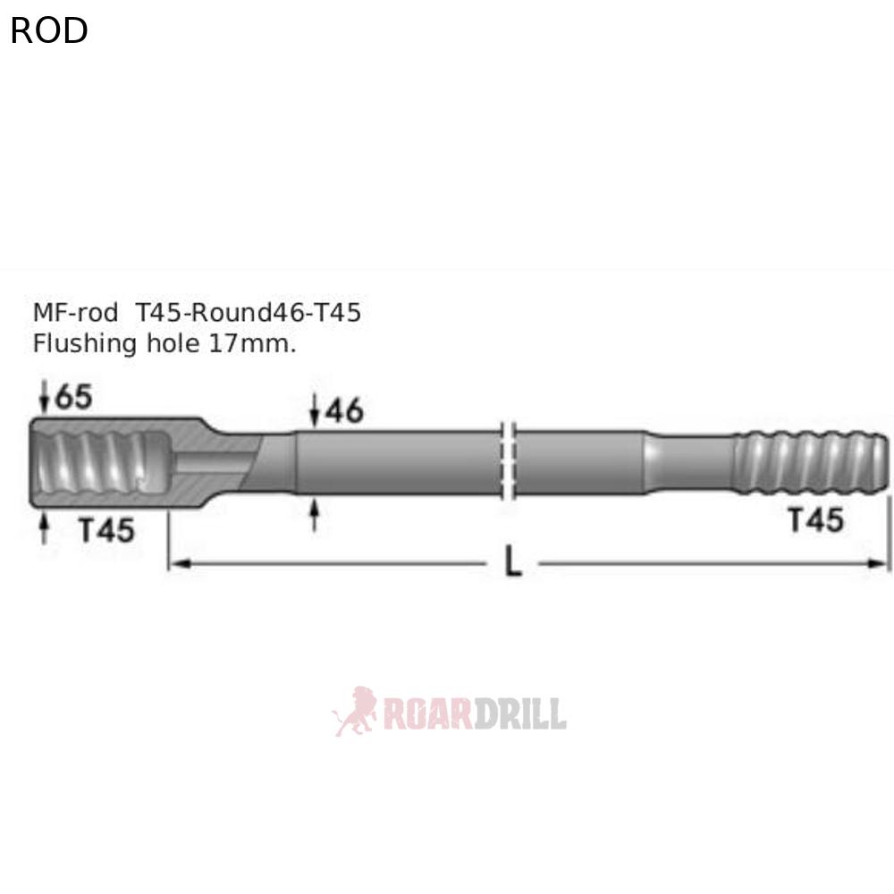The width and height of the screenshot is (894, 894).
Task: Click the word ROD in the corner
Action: coord(49,31)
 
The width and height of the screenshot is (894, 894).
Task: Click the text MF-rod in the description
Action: coord(75,313)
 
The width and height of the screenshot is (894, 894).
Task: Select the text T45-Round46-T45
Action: coord(249,313)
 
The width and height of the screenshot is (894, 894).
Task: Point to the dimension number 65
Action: coord(73,397)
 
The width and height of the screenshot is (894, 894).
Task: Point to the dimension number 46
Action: coord(344,410)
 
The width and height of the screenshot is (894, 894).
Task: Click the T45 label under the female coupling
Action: coord(106,530)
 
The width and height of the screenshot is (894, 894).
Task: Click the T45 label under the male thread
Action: coord(815,519)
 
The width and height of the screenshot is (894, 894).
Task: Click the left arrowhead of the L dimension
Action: coord(175,562)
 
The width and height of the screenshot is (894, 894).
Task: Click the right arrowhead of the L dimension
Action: coord(883,562)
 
